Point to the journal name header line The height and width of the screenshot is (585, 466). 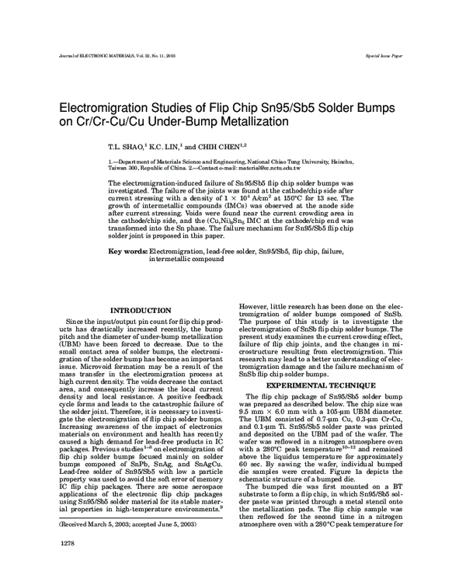(116, 57)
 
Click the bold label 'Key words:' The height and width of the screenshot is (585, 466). (127, 252)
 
